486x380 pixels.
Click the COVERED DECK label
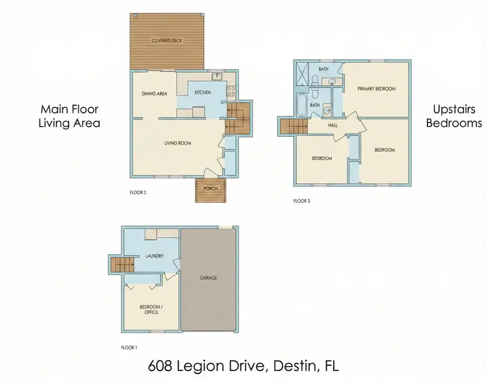click(x=167, y=41)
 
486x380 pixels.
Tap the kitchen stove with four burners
click(x=232, y=92)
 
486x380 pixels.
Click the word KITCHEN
click(x=202, y=92)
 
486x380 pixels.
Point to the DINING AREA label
click(x=154, y=94)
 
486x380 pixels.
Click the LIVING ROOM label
click(x=178, y=143)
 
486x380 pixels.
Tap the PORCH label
click(x=210, y=189)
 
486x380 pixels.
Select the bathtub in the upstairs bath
click(x=301, y=105)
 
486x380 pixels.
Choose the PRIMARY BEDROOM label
click(x=376, y=89)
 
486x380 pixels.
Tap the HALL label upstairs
click(x=333, y=125)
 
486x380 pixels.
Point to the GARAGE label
click(x=208, y=278)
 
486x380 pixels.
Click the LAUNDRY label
click(x=154, y=256)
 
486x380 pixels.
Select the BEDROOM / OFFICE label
click(x=151, y=309)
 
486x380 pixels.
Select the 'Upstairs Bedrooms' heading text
click(x=454, y=116)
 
